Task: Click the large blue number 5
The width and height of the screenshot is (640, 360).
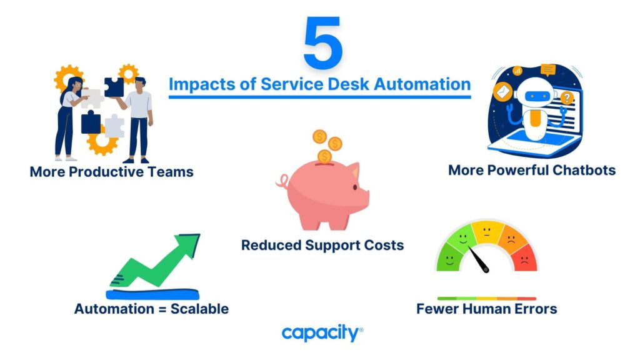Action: pyautogui.click(x=322, y=42)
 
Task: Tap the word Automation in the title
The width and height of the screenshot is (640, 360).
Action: pyautogui.click(x=422, y=84)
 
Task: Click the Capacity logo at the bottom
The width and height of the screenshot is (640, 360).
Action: pyautogui.click(x=322, y=333)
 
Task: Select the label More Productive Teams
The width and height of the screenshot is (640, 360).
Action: pyautogui.click(x=111, y=172)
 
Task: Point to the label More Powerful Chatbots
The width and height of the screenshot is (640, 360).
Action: pyautogui.click(x=532, y=170)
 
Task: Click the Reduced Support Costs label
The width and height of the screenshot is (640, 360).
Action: pyautogui.click(x=322, y=245)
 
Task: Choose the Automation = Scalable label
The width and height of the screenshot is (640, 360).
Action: pyautogui.click(x=151, y=309)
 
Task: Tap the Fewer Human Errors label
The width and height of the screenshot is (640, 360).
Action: pyautogui.click(x=486, y=309)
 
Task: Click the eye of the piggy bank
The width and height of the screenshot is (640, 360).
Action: pyautogui.click(x=355, y=187)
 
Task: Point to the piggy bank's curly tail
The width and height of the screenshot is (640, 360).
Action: pyautogui.click(x=282, y=181)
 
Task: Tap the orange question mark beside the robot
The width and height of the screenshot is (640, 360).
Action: pyautogui.click(x=566, y=98)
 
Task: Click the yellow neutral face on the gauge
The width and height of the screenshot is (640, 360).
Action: pyautogui.click(x=486, y=232)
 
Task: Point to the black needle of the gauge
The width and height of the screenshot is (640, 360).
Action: pyautogui.click(x=478, y=259)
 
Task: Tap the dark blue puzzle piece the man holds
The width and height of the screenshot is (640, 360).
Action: pyautogui.click(x=114, y=87)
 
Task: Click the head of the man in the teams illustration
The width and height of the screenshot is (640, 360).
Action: pyautogui.click(x=140, y=84)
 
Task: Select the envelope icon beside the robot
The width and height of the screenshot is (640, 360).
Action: pyautogui.click(x=503, y=91)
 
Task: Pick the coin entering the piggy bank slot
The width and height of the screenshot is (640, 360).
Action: pyautogui.click(x=324, y=157)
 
